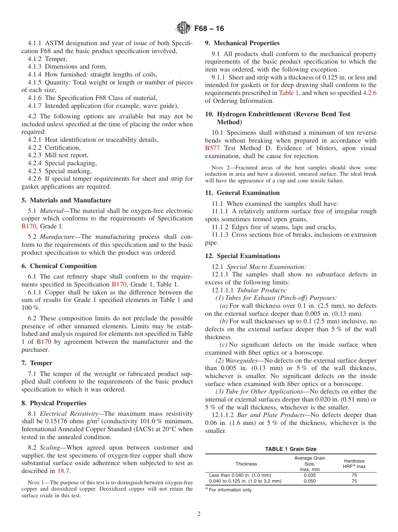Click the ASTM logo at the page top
183,28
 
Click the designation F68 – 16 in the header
209,28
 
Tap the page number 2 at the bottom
199,514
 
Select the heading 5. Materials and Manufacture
67,200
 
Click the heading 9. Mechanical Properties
242,43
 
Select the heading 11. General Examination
242,193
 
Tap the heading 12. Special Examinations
243,256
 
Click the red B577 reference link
213,148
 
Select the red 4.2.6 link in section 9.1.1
369,93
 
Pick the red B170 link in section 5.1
29,226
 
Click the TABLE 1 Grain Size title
290,449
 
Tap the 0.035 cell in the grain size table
310,476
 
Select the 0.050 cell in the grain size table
310,481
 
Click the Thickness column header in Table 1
246,464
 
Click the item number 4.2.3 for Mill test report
35,155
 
